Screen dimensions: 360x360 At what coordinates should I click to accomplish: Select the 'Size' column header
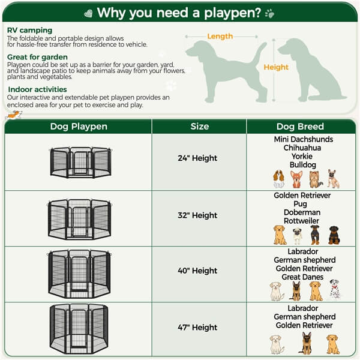(200, 126)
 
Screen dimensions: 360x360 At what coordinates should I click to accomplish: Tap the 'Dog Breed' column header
(300, 126)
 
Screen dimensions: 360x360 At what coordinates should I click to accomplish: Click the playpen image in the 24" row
(80, 162)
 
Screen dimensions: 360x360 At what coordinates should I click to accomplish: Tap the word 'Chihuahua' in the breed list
(303, 148)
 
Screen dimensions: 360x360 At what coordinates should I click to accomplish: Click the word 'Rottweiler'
(303, 221)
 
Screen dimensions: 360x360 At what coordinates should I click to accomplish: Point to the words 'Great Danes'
(303, 277)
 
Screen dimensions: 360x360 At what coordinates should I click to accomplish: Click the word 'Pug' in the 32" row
(303, 204)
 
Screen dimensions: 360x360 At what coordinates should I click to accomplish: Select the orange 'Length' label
(220, 37)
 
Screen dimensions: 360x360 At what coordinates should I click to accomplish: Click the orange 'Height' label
(276, 67)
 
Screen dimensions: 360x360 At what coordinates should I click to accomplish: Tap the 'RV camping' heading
(30, 30)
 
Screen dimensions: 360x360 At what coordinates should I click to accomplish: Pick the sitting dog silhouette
(309, 69)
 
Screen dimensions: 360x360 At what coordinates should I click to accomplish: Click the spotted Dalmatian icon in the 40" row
(335, 289)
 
